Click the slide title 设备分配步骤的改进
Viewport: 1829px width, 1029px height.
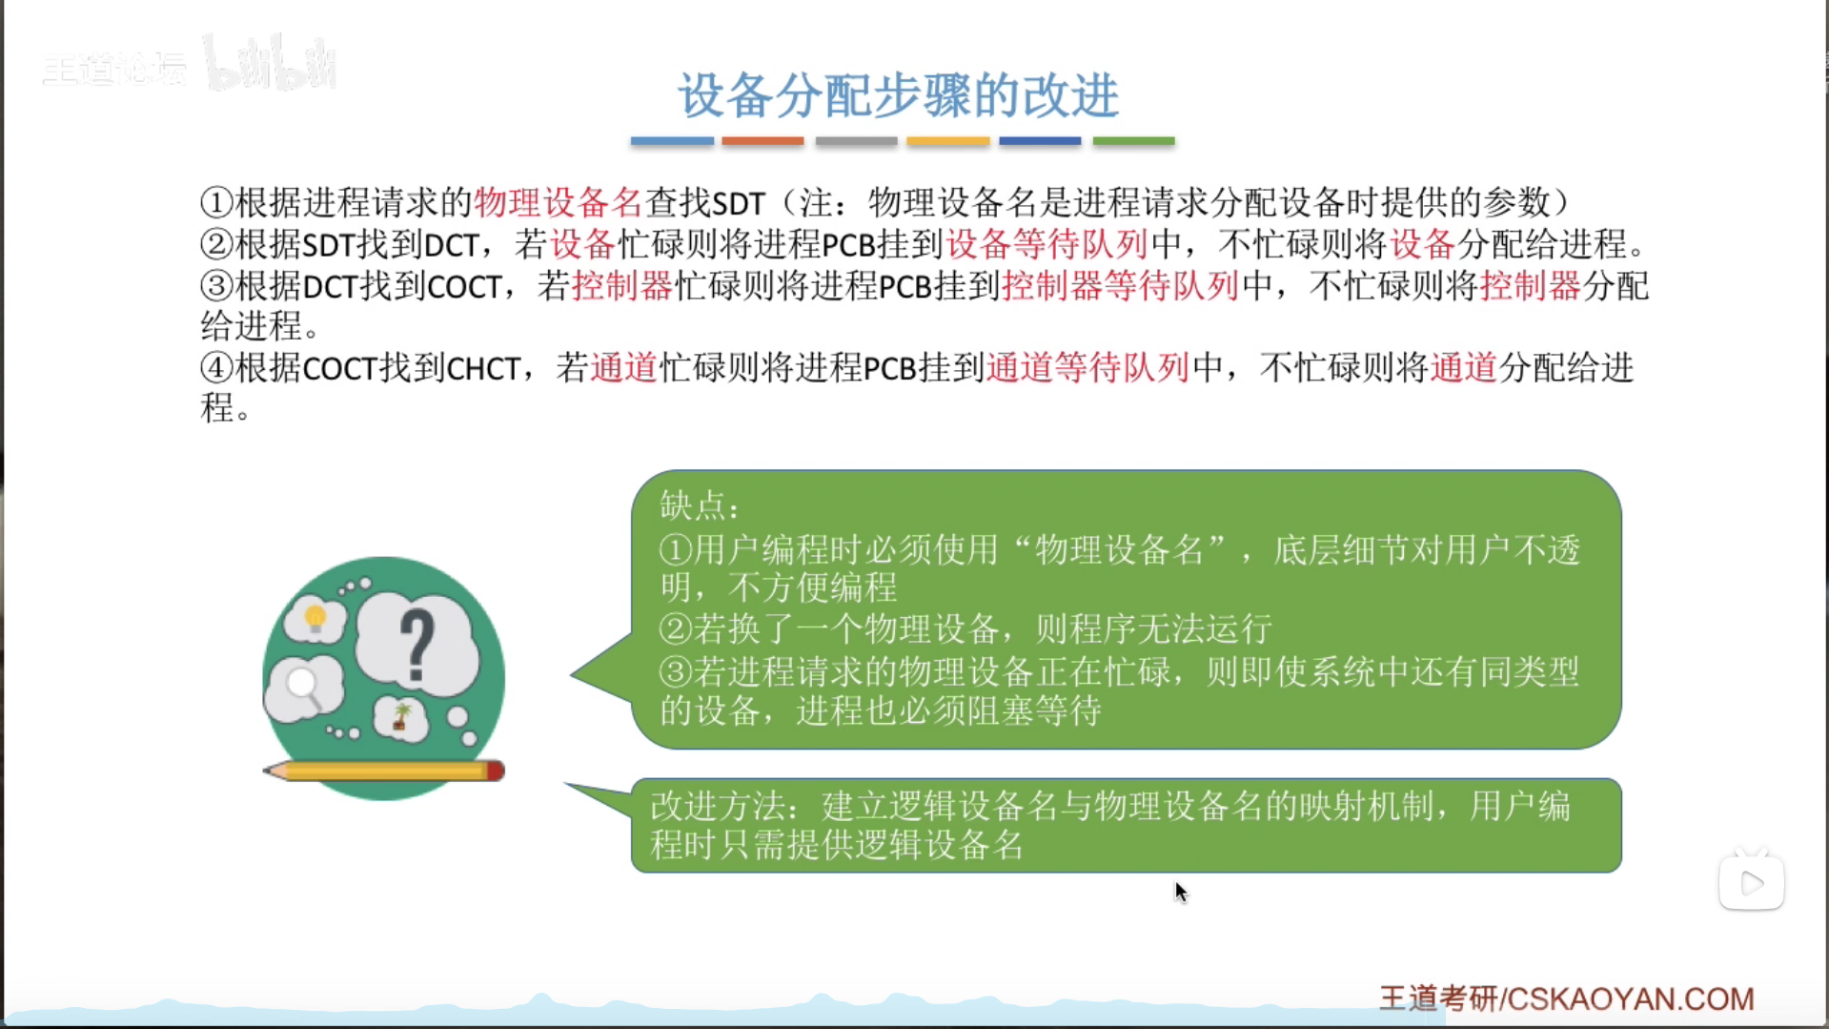[x=898, y=95]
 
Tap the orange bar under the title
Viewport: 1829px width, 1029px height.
[x=762, y=141]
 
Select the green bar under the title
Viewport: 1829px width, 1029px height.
[x=1133, y=141]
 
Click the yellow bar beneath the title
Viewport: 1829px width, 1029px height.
[x=947, y=141]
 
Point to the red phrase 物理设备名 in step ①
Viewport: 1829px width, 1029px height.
[x=559, y=202]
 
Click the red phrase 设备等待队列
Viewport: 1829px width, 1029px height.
[x=1047, y=244]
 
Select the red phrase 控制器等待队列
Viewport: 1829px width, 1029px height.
[x=1120, y=285]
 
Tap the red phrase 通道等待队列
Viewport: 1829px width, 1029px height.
[x=1087, y=367]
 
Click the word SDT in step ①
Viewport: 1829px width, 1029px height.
[x=739, y=203]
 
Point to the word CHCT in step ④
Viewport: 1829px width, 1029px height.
[x=483, y=368]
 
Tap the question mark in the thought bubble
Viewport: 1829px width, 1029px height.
[x=417, y=646]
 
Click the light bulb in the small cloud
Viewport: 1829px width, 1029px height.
[x=315, y=620]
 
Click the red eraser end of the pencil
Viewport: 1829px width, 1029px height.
[x=496, y=771]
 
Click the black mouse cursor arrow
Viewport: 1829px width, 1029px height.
[x=1181, y=893]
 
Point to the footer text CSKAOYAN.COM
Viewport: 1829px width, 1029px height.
[x=1631, y=998]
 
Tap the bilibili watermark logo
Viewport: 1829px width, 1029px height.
[x=271, y=64]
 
